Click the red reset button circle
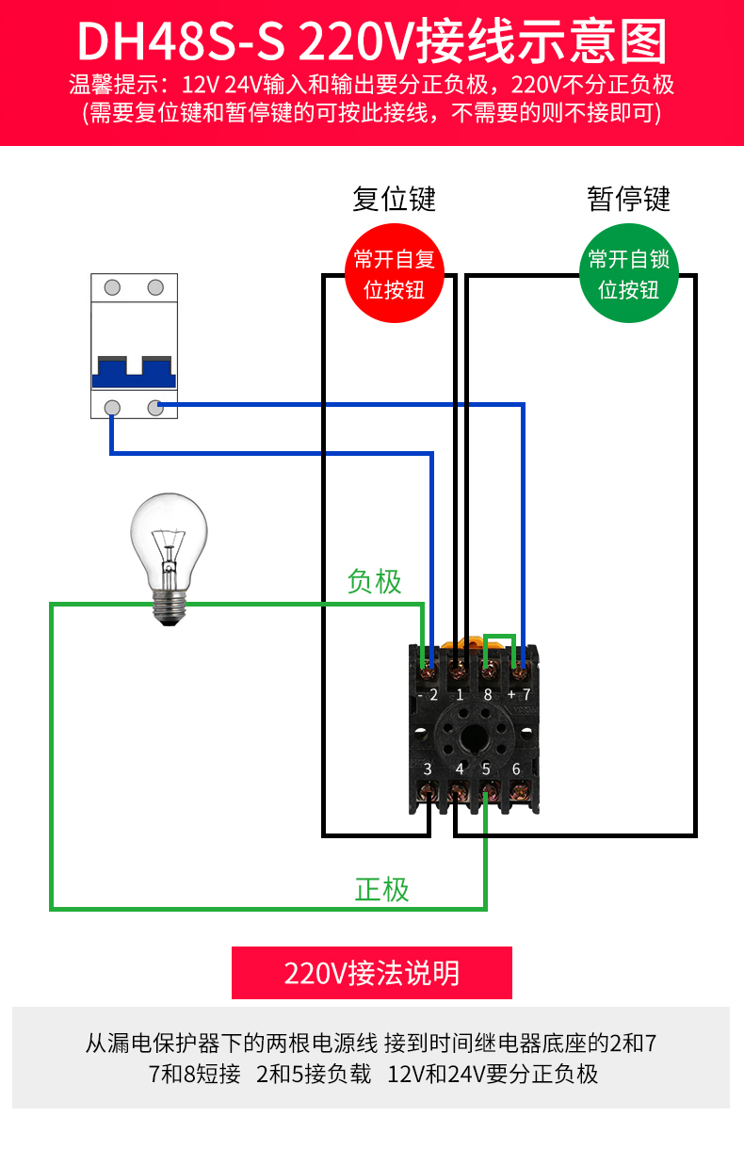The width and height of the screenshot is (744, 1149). (394, 273)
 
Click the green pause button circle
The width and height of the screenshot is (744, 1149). (628, 273)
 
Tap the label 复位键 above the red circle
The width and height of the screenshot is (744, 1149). (394, 199)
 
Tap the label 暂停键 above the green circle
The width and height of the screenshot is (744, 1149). (628, 199)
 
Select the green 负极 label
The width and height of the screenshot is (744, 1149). (374, 582)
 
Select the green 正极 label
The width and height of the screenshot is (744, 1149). (381, 889)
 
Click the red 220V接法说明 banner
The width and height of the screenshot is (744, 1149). (372, 973)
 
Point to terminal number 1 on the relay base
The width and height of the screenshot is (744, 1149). (460, 695)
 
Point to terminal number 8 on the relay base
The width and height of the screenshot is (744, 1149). (487, 695)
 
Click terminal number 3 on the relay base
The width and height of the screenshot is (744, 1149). (428, 769)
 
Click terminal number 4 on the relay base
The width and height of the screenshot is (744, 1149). (460, 769)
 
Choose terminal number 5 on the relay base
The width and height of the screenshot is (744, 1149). (486, 769)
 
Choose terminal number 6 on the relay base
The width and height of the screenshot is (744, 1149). (516, 769)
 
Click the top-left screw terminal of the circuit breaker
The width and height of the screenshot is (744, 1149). (112, 287)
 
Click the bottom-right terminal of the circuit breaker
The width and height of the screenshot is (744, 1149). (155, 407)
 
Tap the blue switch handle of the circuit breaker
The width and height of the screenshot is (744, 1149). (134, 374)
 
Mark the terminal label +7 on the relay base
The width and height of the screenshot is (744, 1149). (519, 695)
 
